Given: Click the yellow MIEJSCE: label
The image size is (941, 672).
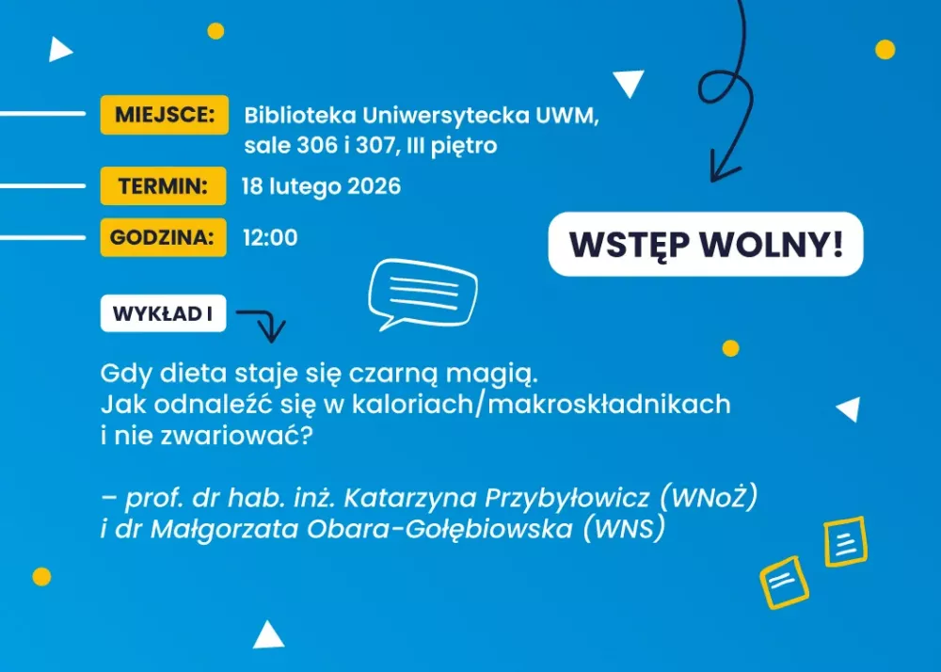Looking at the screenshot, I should click(x=165, y=116).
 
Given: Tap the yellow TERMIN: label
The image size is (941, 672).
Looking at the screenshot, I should click(x=163, y=186).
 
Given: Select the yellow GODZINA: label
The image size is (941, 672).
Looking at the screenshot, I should click(x=163, y=238).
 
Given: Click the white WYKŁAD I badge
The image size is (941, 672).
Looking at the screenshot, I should click(x=163, y=314).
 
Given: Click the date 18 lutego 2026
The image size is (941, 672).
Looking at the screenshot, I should click(x=321, y=186).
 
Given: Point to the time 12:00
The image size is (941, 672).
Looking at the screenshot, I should click(x=270, y=238).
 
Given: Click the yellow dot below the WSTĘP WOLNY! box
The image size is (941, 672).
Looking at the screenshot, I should click(x=730, y=348).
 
